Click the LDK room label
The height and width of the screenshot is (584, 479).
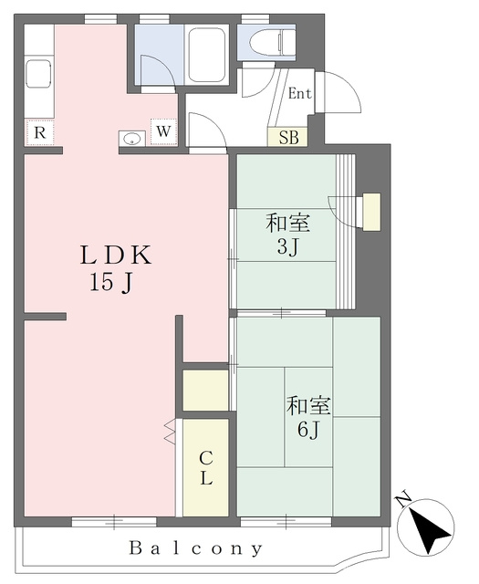(x=116, y=255)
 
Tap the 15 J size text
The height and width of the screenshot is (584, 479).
(x=110, y=282)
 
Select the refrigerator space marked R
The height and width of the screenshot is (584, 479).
(x=39, y=132)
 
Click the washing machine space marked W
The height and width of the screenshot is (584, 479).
(x=163, y=131)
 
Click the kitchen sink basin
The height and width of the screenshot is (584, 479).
(x=38, y=73)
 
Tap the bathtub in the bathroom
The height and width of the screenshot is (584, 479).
(x=207, y=55)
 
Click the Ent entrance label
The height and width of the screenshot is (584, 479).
(x=300, y=93)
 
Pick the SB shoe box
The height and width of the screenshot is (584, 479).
(x=288, y=138)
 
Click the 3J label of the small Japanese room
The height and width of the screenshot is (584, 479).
(x=288, y=246)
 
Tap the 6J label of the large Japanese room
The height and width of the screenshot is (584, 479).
(x=308, y=430)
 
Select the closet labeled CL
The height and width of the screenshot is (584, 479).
(x=205, y=468)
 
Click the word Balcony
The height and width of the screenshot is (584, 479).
(x=196, y=548)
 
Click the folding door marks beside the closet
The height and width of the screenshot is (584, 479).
(x=170, y=432)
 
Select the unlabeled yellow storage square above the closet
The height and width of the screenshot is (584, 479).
(x=205, y=391)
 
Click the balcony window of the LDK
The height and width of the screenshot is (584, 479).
(x=114, y=521)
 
